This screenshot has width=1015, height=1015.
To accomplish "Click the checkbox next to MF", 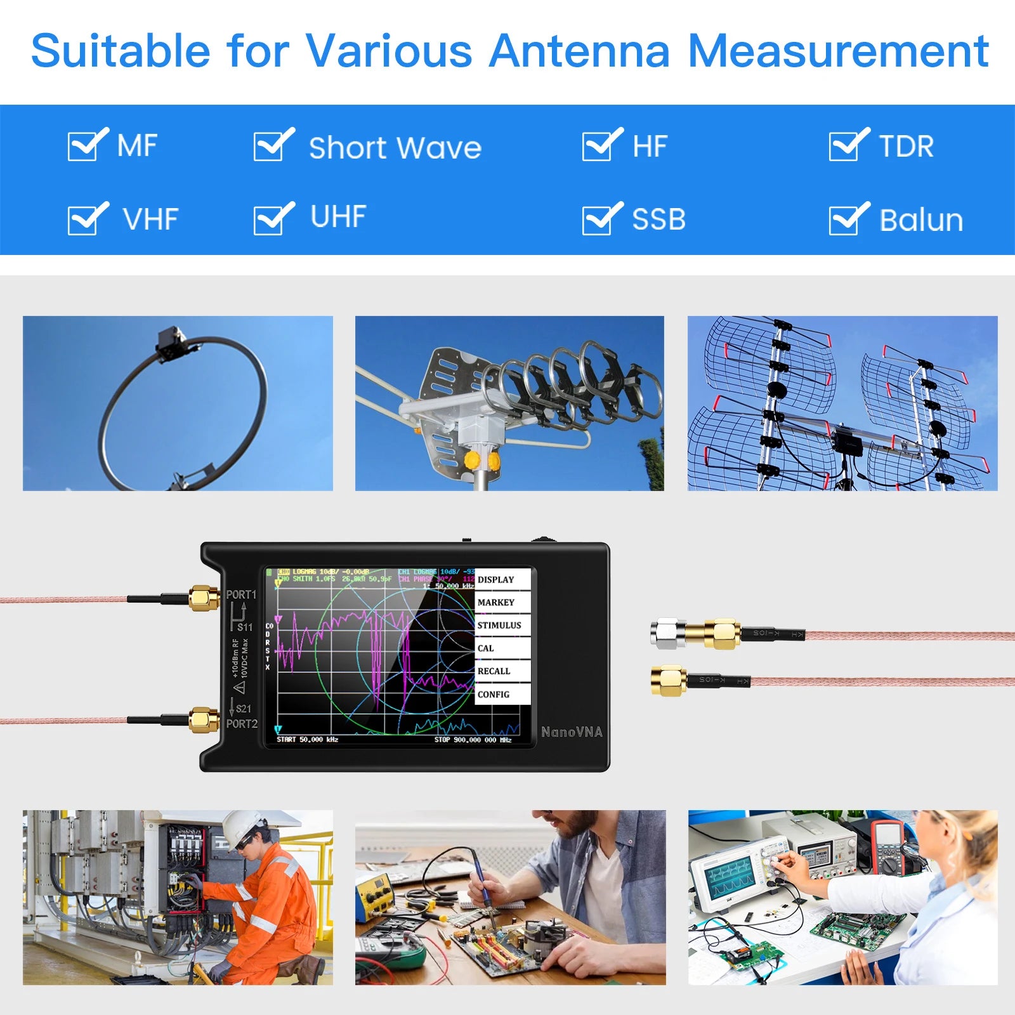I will [84, 145].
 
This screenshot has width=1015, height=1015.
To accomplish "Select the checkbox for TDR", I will [846, 145].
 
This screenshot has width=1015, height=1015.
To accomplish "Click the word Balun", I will [921, 221].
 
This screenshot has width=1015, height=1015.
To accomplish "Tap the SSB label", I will [659, 219].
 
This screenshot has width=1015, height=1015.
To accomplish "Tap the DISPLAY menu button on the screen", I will [501, 580].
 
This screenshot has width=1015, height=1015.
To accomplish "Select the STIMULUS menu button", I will [501, 625].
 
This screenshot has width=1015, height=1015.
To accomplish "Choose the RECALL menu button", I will [501, 671].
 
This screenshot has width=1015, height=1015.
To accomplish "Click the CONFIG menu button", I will [501, 695].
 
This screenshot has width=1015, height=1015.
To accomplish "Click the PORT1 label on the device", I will [241, 595].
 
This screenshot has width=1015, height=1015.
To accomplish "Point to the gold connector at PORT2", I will [204, 720].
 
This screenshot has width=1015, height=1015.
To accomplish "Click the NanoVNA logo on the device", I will [572, 732].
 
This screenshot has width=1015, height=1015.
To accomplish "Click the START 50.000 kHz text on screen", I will [308, 740].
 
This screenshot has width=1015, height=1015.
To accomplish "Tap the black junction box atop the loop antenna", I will [172, 343].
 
